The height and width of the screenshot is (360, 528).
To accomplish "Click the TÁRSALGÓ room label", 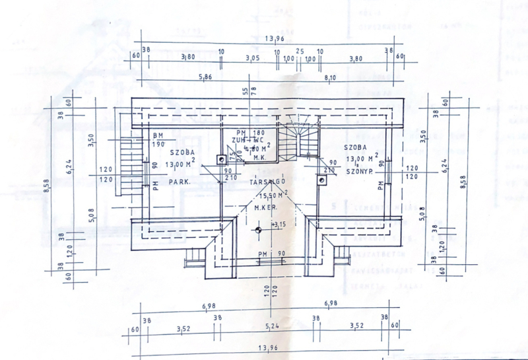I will click(x=267, y=182).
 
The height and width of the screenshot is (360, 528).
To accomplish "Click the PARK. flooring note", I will click(x=179, y=181).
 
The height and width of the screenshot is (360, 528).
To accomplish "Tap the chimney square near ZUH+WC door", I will click(x=220, y=159).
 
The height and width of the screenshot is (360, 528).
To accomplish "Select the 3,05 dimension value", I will click(x=251, y=58).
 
